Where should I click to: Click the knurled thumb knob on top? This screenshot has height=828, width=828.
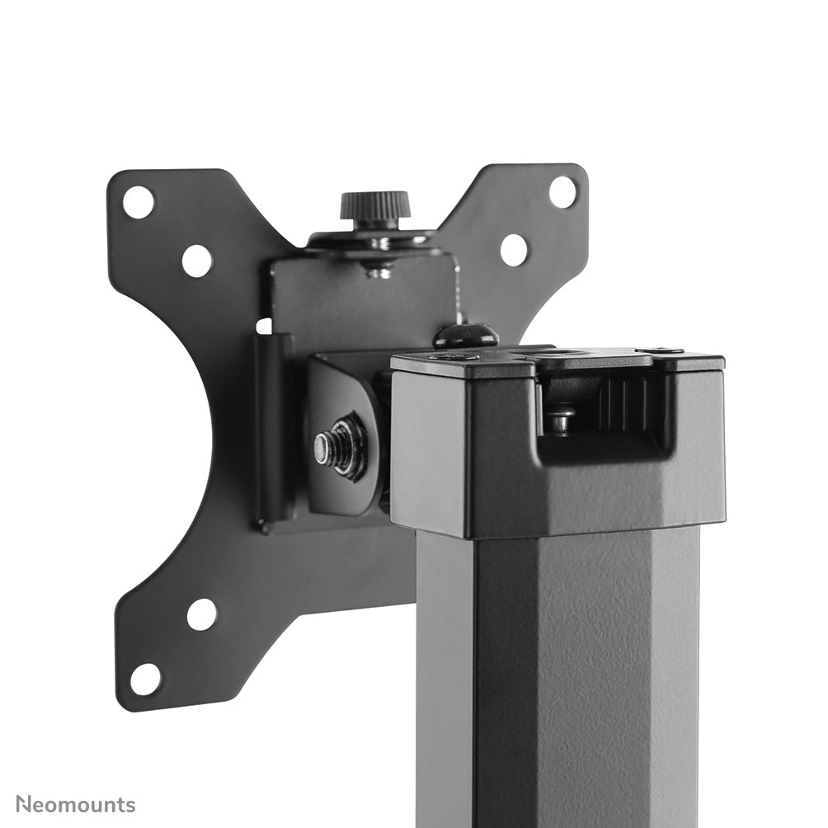(375, 205)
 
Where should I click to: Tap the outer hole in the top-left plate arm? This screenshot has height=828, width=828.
(138, 202)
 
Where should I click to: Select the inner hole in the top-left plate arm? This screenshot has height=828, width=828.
(196, 261)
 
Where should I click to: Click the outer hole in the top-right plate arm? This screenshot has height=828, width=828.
(562, 192)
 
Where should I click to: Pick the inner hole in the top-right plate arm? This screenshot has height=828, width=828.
(513, 249)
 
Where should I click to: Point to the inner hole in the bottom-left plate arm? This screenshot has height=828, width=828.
(201, 614)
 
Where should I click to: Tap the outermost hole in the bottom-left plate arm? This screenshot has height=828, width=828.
(145, 679)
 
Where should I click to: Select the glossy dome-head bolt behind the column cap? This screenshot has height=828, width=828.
(466, 335)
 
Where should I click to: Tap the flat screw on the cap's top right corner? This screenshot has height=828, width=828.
(659, 350)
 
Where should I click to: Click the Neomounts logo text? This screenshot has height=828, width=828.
(76, 803)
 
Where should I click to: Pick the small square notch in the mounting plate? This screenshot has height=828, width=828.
(263, 326)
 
